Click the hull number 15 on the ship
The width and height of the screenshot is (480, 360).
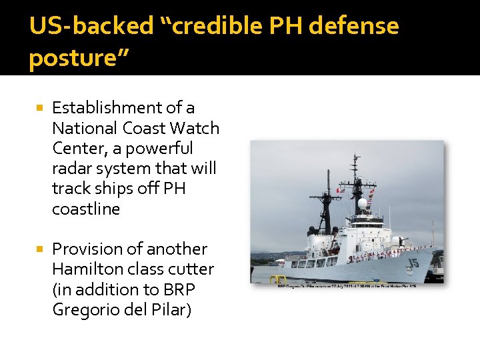tap(413, 263)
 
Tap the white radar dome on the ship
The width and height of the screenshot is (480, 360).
tap(362, 203)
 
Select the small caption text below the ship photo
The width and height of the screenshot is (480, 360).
tap(347, 286)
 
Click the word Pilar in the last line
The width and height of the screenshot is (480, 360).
tap(173, 310)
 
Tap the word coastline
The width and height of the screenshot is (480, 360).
tap(86, 209)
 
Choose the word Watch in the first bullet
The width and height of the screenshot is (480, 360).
tap(195, 127)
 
